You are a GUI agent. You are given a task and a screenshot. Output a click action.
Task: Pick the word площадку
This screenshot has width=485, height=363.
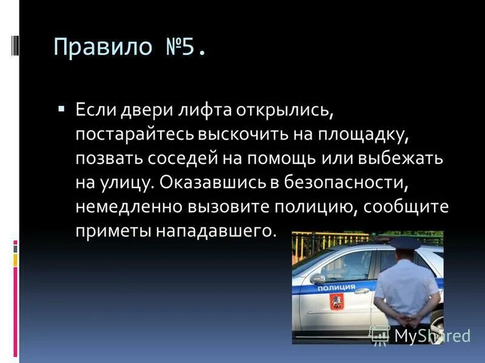point(376,134)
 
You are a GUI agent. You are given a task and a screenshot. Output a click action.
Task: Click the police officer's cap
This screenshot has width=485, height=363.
point(405,243)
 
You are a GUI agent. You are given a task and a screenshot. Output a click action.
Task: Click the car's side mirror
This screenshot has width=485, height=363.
point(319,279)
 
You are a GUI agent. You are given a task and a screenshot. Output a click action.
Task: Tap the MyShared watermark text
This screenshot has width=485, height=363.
point(432,335)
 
